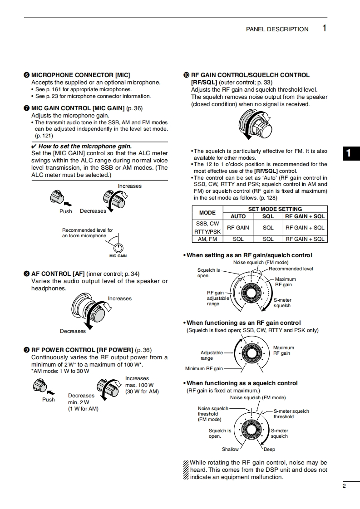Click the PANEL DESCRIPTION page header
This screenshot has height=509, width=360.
pyautogui.click(x=277, y=29)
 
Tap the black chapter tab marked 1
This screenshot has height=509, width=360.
pyautogui.click(x=349, y=153)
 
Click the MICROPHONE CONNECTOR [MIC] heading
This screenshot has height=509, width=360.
pyautogui.click(x=80, y=75)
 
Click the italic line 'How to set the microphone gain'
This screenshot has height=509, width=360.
pyautogui.click(x=84, y=146)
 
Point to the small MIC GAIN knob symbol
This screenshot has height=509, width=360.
pyautogui.click(x=118, y=248)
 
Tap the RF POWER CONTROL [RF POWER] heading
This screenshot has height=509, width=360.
pyautogui.click(x=82, y=350)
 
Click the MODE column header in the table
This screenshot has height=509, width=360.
pyautogui.click(x=207, y=212)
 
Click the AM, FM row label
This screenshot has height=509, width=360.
pyautogui.click(x=207, y=239)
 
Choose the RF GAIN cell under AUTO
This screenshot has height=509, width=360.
pyautogui.click(x=238, y=228)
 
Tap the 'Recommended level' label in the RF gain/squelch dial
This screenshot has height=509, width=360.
pyautogui.click(x=291, y=269)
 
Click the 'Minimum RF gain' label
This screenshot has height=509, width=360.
pyautogui.click(x=204, y=369)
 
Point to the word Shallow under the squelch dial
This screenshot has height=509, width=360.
pyautogui.click(x=230, y=449)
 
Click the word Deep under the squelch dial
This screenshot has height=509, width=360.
pyautogui.click(x=269, y=449)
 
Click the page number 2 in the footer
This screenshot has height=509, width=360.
pyautogui.click(x=344, y=486)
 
